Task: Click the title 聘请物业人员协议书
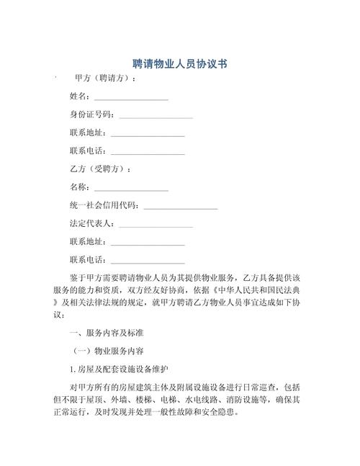180,64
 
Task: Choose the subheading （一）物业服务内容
109,351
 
